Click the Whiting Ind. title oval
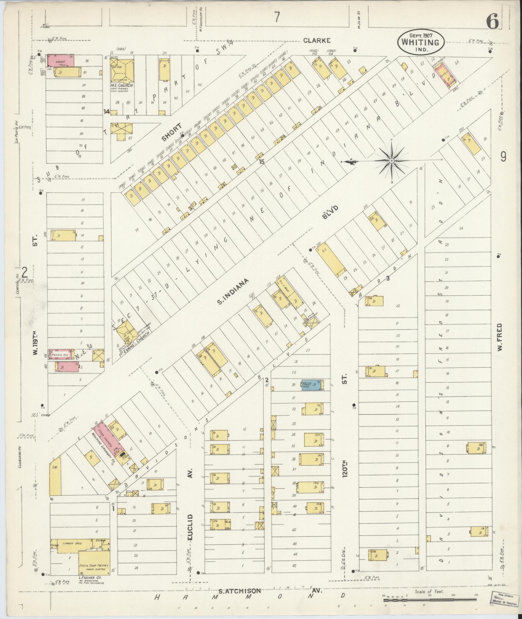point(421,42)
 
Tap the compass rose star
point(392,160)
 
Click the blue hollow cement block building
point(311,385)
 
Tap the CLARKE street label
point(317,40)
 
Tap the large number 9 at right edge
point(503,157)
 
